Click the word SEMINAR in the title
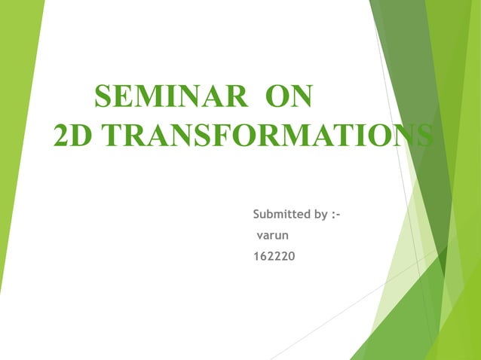170,98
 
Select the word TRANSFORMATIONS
267,136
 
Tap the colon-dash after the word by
336,215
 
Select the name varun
273,236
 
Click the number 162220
274,258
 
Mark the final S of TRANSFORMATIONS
424,136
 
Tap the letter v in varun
260,236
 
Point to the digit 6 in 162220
265,258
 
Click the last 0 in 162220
292,258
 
